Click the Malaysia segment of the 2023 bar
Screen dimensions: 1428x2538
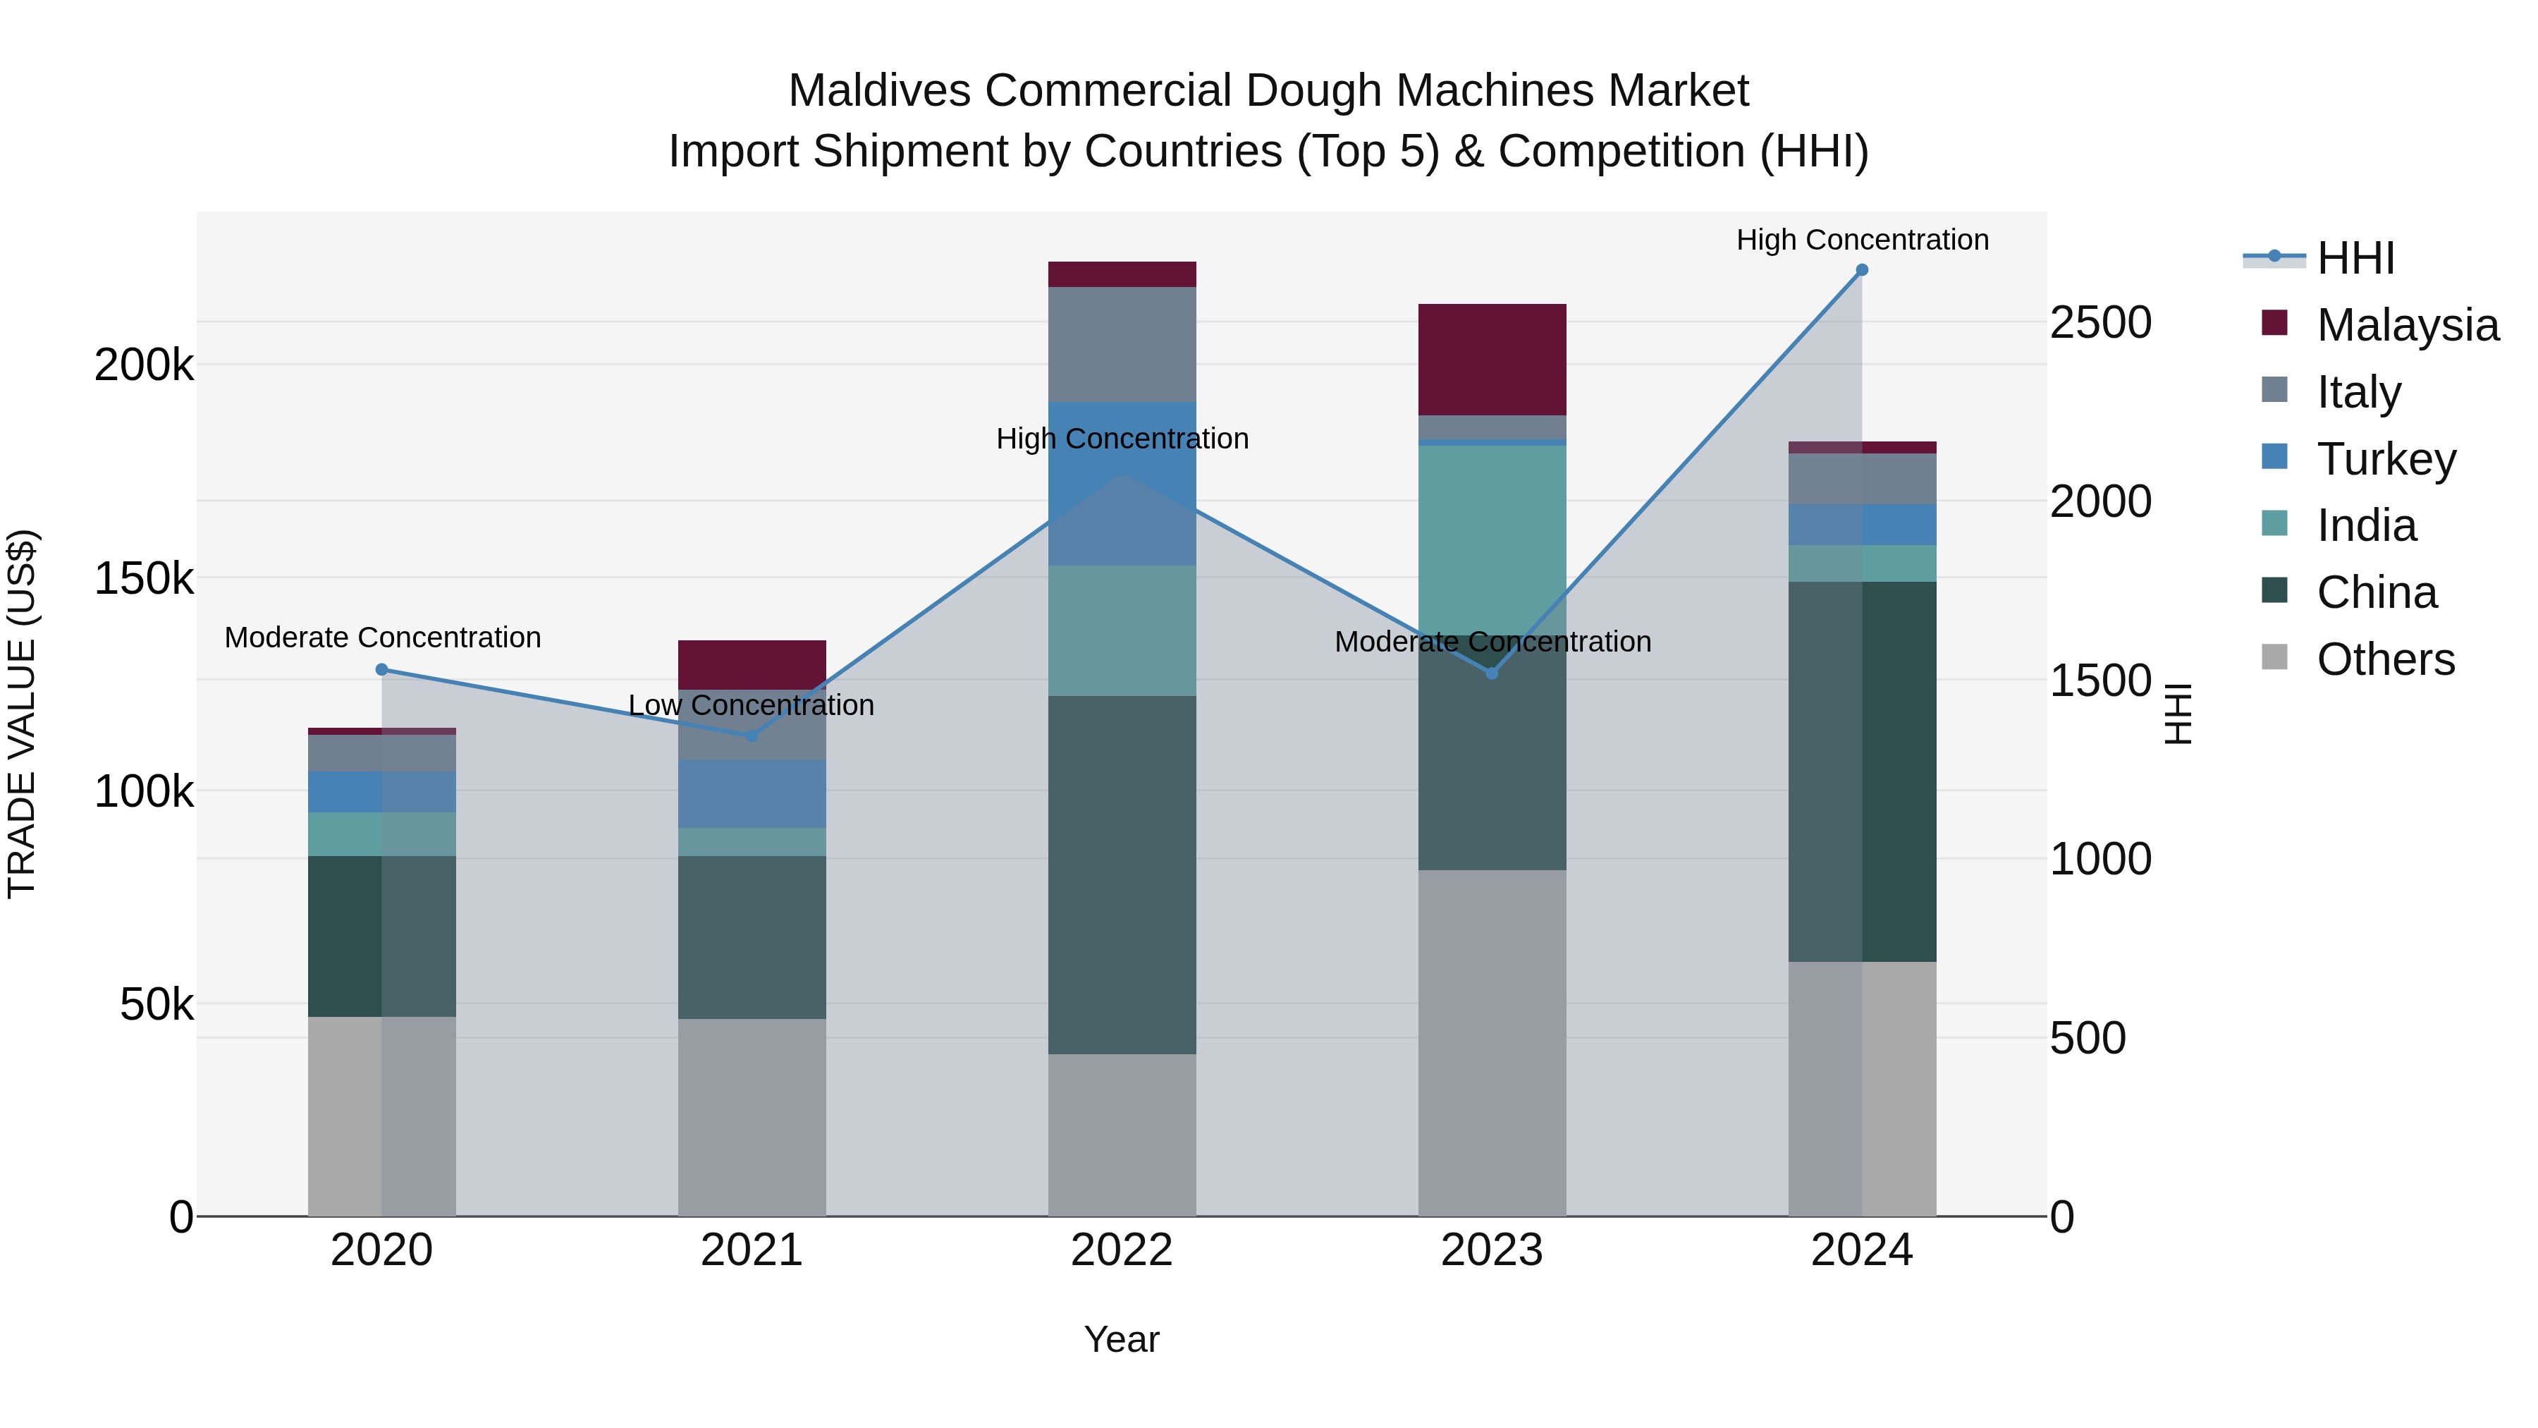pyautogui.click(x=1492, y=360)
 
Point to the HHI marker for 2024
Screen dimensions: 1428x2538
pyautogui.click(x=1861, y=270)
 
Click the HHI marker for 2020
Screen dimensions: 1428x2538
pyautogui.click(x=382, y=670)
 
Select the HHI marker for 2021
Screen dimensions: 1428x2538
pyautogui.click(x=752, y=736)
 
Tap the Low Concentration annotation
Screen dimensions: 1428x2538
pyautogui.click(x=751, y=706)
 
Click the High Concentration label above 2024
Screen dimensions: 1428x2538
pyautogui.click(x=1862, y=240)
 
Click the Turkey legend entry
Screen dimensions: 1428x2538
pyautogui.click(x=2385, y=459)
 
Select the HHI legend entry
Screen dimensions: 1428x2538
pyautogui.click(x=2355, y=258)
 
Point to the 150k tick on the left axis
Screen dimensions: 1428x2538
pyautogui.click(x=144, y=578)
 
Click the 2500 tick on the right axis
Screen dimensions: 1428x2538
pyautogui.click(x=2101, y=323)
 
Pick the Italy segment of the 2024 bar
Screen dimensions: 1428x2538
pyautogui.click(x=1861, y=479)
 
